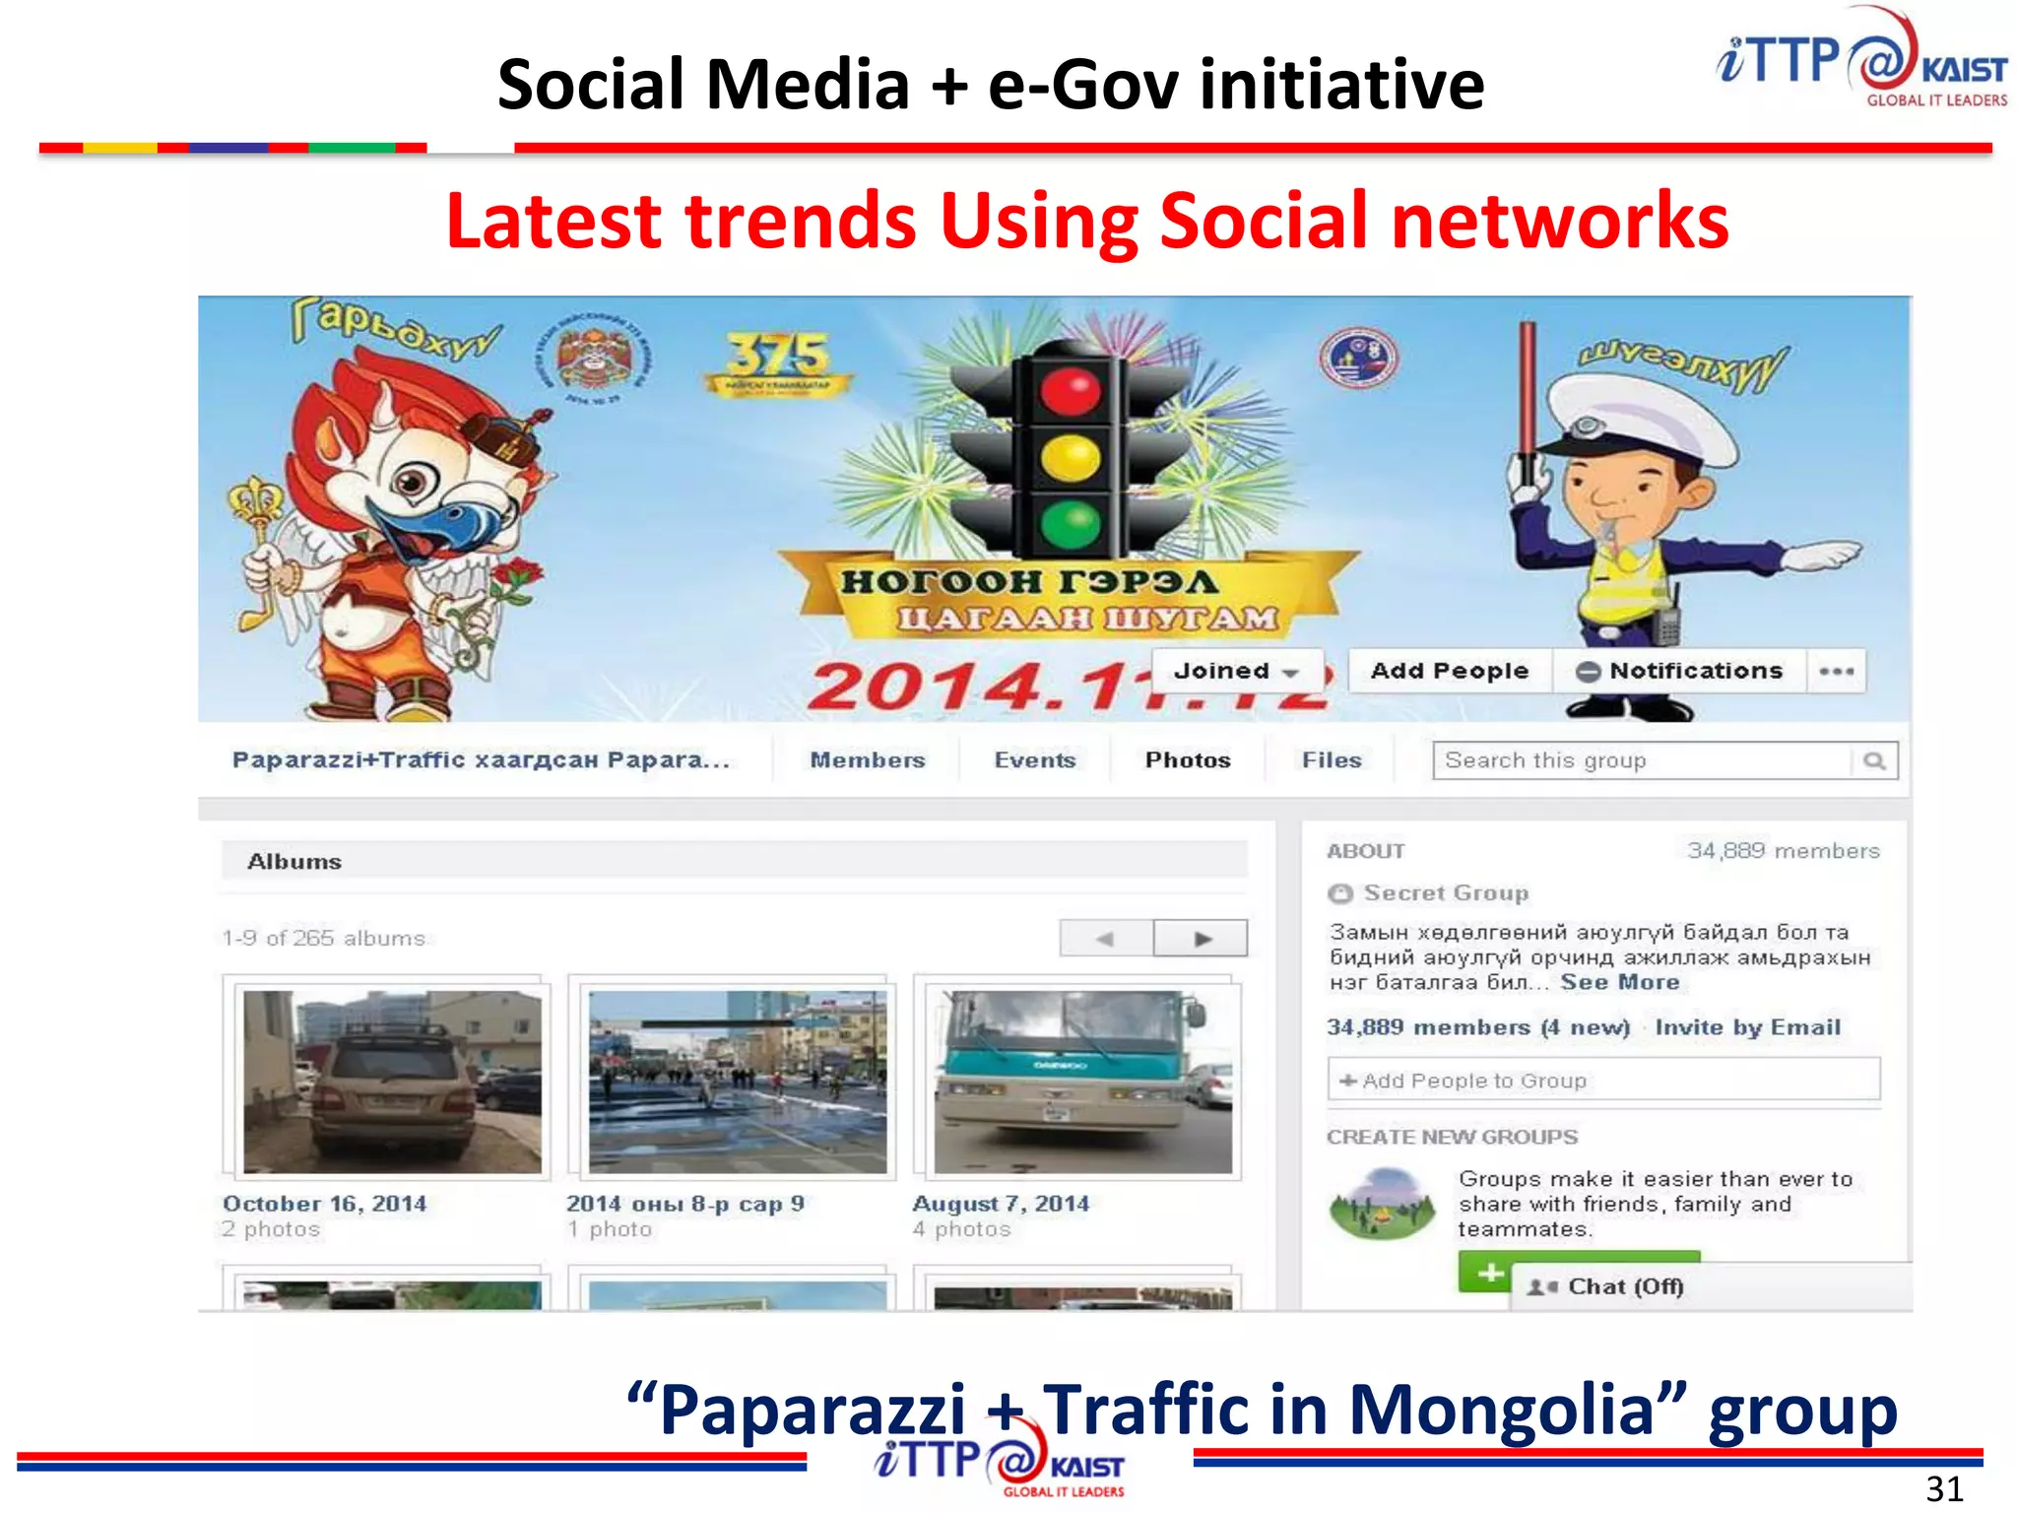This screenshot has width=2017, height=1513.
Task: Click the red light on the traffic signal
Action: point(1070,392)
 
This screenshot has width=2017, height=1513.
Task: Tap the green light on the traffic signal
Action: point(1070,523)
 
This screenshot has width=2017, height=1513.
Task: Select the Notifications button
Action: point(1680,671)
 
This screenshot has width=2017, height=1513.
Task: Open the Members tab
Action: point(867,759)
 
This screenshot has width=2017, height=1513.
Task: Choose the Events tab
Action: point(1034,759)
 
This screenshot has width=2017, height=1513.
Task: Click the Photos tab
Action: point(1187,759)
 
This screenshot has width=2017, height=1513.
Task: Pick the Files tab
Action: point(1331,759)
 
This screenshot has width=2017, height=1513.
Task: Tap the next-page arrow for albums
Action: point(1202,938)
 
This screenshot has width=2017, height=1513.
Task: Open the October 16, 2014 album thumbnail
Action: point(392,1081)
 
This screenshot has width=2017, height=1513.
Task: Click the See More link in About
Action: point(1619,982)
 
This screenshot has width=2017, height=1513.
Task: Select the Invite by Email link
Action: point(1747,1027)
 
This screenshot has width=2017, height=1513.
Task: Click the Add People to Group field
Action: point(1603,1081)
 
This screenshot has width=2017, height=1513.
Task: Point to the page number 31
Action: point(1944,1488)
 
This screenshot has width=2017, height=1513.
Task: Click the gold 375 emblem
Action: point(778,362)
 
